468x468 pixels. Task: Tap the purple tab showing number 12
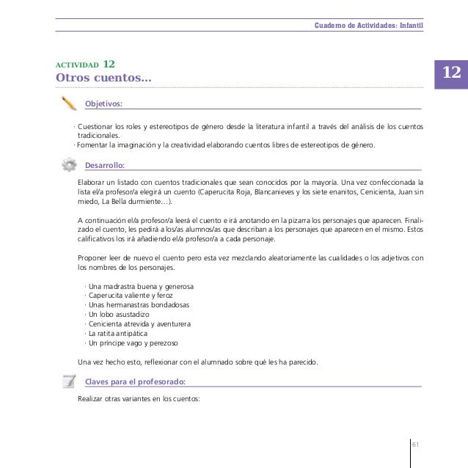(451, 73)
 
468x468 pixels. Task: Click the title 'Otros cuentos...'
(103, 78)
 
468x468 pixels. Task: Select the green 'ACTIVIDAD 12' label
(84, 64)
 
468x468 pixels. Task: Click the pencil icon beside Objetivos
(70, 103)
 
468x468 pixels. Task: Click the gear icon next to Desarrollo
(70, 163)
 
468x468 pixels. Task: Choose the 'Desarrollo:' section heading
(105, 164)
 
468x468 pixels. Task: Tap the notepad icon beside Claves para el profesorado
(70, 380)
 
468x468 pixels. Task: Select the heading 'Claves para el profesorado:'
(135, 381)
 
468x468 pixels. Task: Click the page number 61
(415, 445)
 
